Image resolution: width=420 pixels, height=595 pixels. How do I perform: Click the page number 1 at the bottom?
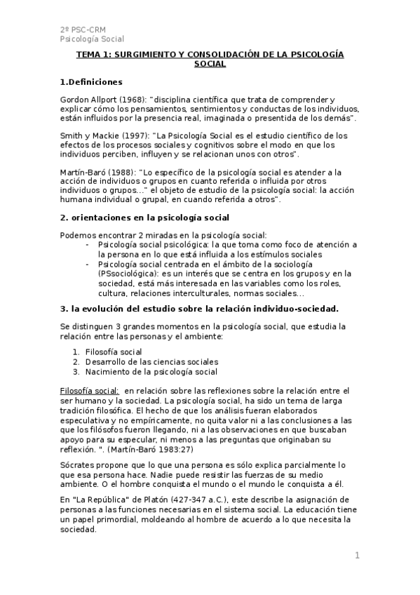tap(357, 556)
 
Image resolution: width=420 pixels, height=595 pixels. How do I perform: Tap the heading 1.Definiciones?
tap(91, 81)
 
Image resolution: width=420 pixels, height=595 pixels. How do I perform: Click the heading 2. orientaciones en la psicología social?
tap(144, 218)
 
